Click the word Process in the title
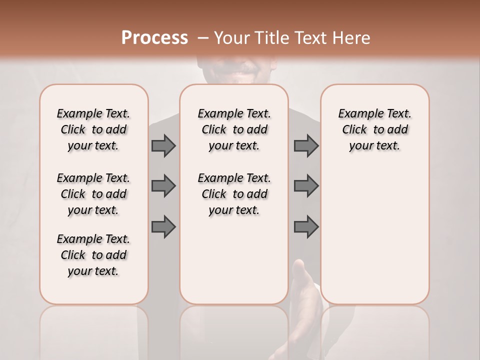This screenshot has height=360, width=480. click(154, 38)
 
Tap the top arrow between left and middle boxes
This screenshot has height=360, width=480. click(163, 145)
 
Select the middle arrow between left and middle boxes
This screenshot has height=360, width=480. click(163, 186)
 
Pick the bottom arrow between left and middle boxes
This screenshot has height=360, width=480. click(163, 227)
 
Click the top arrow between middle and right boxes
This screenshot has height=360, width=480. click(306, 145)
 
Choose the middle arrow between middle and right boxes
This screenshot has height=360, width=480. click(306, 186)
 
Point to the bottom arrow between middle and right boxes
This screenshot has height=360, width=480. click(306, 227)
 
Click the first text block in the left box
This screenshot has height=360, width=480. click(93, 129)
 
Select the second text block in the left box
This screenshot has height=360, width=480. click(93, 194)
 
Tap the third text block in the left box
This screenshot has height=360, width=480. click(93, 255)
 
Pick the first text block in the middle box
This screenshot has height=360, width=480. click(234, 129)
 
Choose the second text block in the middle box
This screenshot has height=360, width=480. click(234, 194)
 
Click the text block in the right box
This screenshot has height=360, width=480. click(374, 129)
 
